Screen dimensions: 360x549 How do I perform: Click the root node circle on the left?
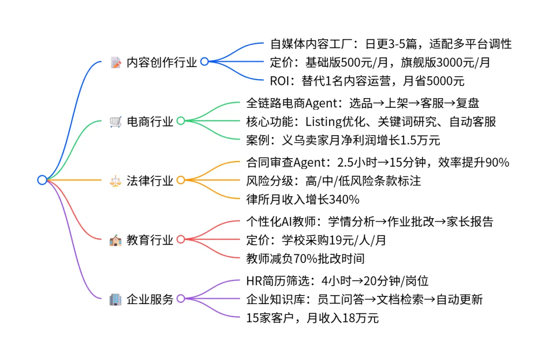pyautogui.click(x=42, y=179)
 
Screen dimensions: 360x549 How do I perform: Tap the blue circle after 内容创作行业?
pyautogui.click(x=204, y=62)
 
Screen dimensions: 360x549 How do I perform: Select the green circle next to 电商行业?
pyautogui.click(x=180, y=121)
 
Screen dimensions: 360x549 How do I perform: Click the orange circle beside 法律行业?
pyautogui.click(x=180, y=180)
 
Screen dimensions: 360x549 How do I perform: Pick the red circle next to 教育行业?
pyautogui.click(x=180, y=239)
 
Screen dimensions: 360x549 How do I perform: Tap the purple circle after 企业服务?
pyautogui.click(x=180, y=298)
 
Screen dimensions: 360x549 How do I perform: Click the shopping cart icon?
pyautogui.click(x=115, y=122)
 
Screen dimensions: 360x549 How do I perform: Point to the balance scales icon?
pyautogui.click(x=115, y=181)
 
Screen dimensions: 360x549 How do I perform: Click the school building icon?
pyautogui.click(x=115, y=240)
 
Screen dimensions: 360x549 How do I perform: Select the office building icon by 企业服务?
pyautogui.click(x=115, y=299)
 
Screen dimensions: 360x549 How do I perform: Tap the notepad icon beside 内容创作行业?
pyautogui.click(x=115, y=62)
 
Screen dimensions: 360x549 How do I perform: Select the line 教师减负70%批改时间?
pyautogui.click(x=305, y=259)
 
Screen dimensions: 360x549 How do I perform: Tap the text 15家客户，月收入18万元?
pyautogui.click(x=312, y=318)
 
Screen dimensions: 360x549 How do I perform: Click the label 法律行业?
pyautogui.click(x=150, y=181)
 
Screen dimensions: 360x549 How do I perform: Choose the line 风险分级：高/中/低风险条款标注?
pyautogui.click(x=333, y=181)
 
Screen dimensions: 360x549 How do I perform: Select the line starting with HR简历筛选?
pyautogui.click(x=337, y=280)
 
